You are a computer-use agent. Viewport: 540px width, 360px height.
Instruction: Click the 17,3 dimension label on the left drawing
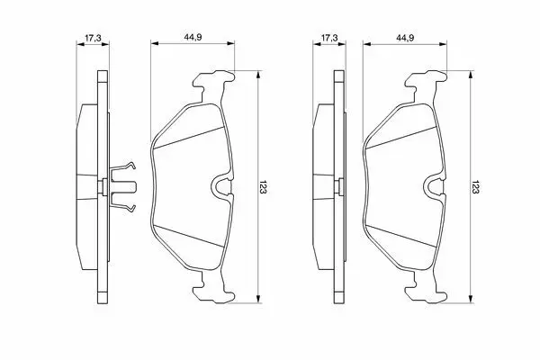coord(93,38)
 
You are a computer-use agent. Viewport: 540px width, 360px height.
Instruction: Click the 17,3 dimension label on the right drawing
coord(329,38)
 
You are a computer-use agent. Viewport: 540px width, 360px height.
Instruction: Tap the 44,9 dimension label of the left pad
coord(193,38)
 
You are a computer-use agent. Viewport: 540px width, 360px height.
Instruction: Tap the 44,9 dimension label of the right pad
coord(405,38)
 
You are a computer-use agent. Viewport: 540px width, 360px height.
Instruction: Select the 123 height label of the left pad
coord(264,187)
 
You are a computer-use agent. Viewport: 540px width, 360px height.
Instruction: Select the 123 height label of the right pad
coord(475,187)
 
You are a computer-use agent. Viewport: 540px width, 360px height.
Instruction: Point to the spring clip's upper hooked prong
coord(123,166)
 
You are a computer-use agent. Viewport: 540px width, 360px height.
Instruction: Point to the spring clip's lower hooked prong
coord(123,207)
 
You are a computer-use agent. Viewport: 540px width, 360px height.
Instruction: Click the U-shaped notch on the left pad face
coord(220,186)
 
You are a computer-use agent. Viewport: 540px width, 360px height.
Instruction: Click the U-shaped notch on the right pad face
coord(433,186)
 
